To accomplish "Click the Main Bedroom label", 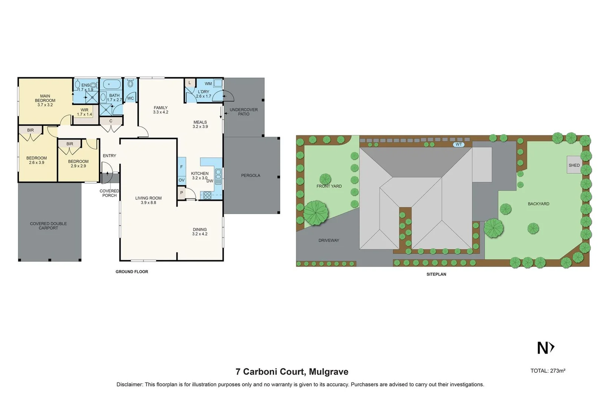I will coord(45,100).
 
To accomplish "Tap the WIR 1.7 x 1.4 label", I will coord(85,112).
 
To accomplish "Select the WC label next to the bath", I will coord(130,98).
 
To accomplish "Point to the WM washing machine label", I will coord(208,84).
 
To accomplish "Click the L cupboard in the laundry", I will coord(189,83).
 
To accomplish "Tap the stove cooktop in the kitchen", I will coord(207,195).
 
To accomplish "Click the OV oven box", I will coord(181,180).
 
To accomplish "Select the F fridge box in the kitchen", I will coord(181,167).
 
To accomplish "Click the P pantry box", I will coord(181,193).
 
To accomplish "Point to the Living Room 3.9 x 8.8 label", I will coord(148,200).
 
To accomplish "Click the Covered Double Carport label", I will coord(48,226).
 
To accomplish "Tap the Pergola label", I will coord(251,175).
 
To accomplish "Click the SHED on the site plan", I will coord(574,165).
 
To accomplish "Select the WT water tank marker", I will coord(458,144).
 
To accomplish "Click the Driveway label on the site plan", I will coord(329,240).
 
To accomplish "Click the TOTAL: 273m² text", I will coord(547,371).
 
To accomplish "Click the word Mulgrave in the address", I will coord(328,372).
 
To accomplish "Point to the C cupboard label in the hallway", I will coord(111,121).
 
